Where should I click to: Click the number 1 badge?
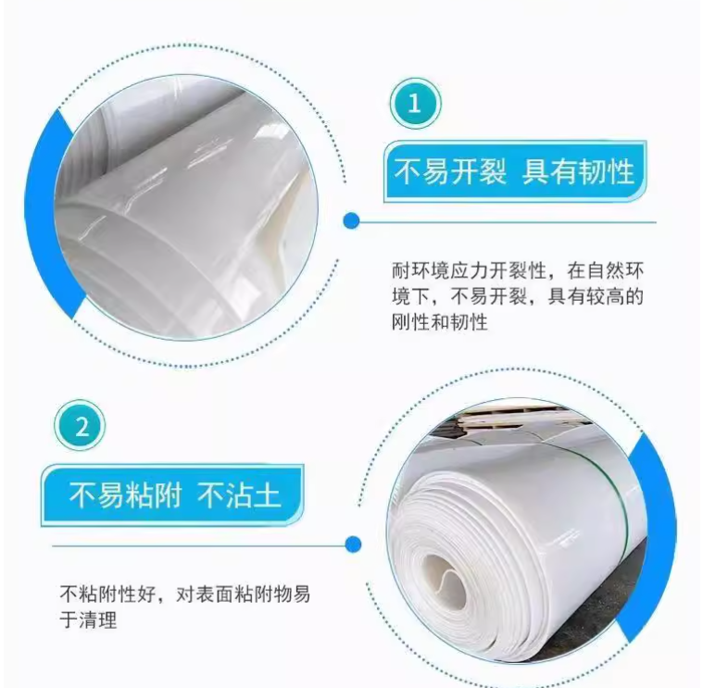pyautogui.click(x=415, y=104)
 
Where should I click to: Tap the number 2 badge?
pyautogui.click(x=80, y=426)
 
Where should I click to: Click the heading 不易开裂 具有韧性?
pyautogui.click(x=514, y=171)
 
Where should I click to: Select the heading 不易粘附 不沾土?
pyautogui.click(x=172, y=494)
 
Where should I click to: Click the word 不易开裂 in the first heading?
pyautogui.click(x=450, y=171)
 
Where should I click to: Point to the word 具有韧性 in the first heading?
pyautogui.click(x=578, y=171)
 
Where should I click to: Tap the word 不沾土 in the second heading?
pyautogui.click(x=240, y=494)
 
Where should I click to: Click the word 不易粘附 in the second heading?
pyautogui.click(x=125, y=494)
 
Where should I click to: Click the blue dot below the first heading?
pyautogui.click(x=352, y=221)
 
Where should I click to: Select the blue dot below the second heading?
pyautogui.click(x=353, y=544)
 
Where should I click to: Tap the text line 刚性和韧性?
pyautogui.click(x=440, y=321)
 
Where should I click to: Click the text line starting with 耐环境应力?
pyautogui.click(x=518, y=270)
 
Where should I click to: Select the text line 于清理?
pyautogui.click(x=88, y=619)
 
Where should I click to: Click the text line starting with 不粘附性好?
pyautogui.click(x=185, y=594)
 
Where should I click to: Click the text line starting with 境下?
pyautogui.click(x=518, y=296)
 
